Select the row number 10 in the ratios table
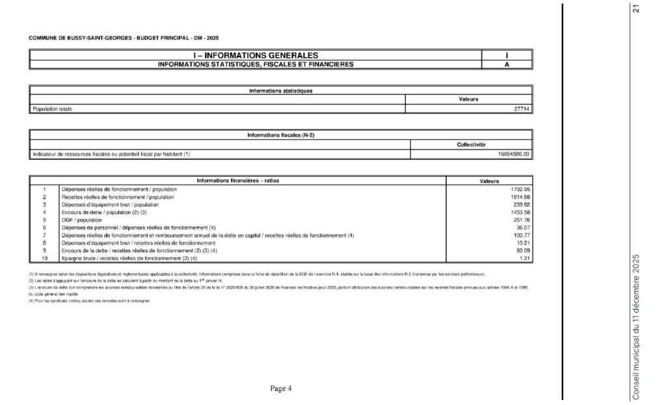44,257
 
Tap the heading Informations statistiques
281,90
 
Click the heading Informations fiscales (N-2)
281,135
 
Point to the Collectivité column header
472,144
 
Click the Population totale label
52,109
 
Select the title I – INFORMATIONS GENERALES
255,55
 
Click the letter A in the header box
506,64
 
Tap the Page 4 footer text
281,388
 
